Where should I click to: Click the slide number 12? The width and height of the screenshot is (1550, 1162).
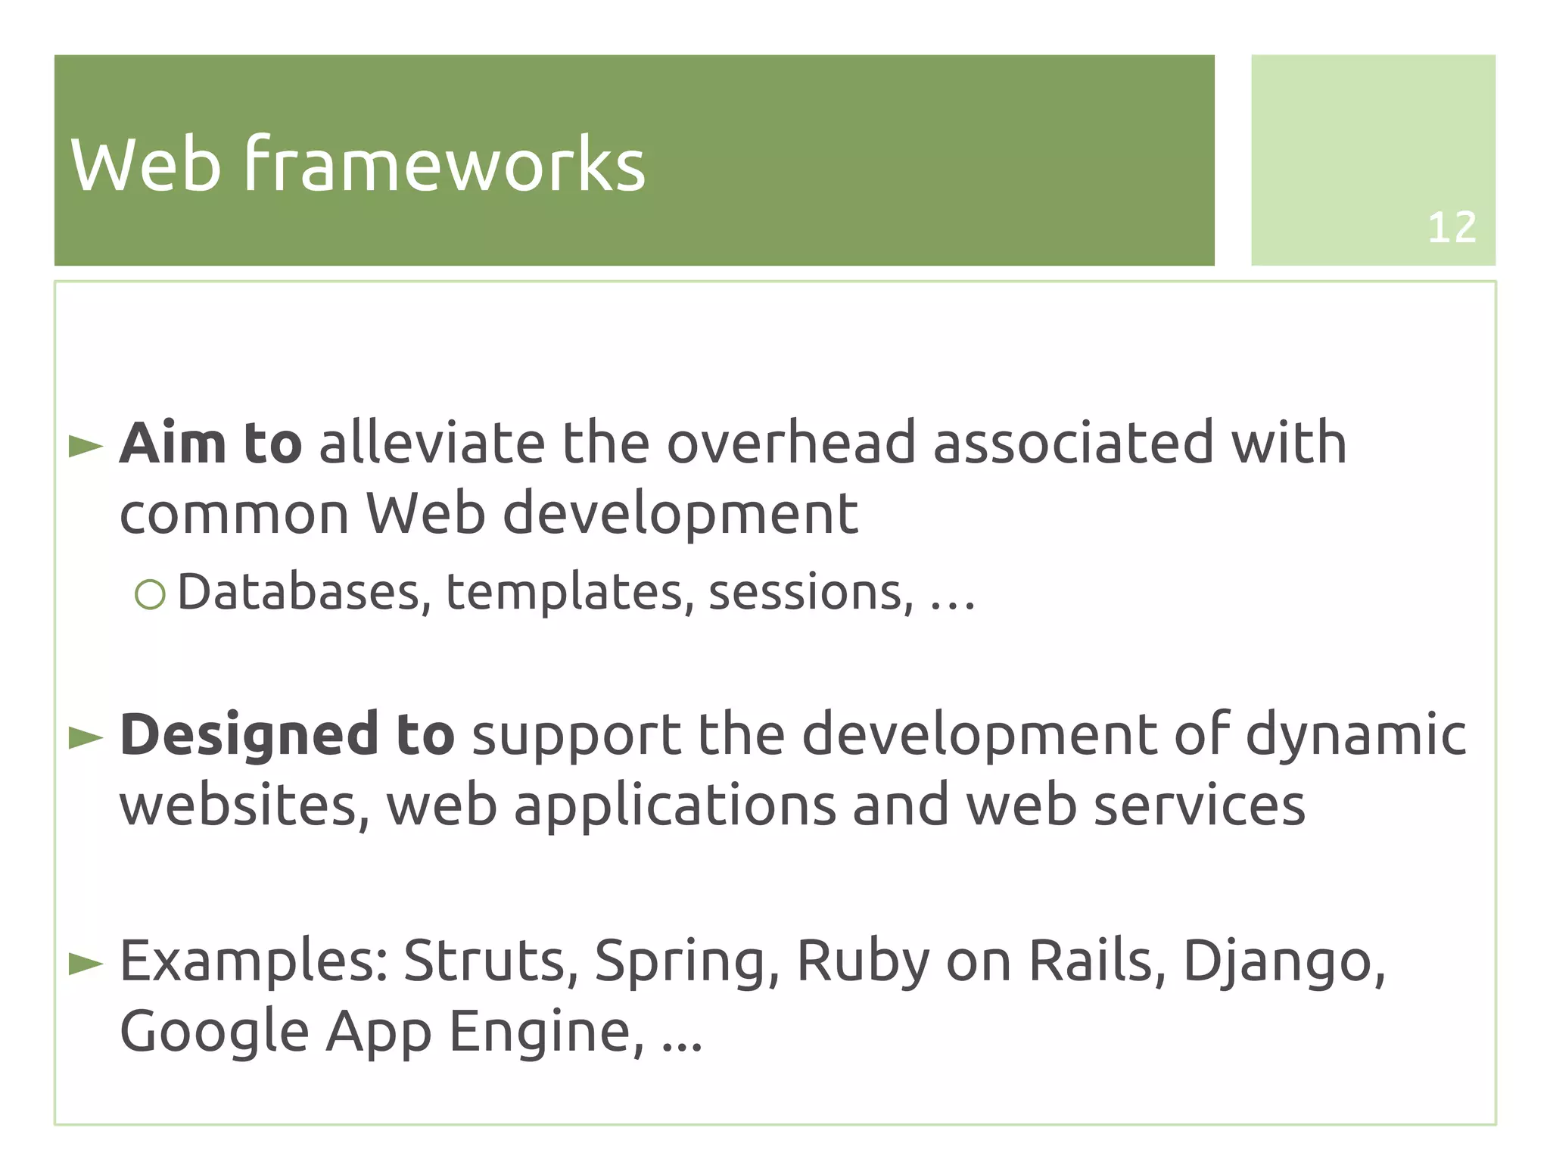click(x=1451, y=227)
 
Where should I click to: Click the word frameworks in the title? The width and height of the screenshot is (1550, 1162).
click(x=444, y=164)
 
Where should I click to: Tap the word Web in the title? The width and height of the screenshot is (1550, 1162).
click(x=146, y=164)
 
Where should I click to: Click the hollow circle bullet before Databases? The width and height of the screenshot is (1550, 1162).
click(x=150, y=594)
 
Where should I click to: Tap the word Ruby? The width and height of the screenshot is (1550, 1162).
click(x=862, y=961)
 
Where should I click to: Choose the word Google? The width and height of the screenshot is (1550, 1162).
click(x=214, y=1033)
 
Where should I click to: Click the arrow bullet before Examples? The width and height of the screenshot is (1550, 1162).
click(x=86, y=964)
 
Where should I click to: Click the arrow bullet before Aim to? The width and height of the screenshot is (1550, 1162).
click(x=86, y=446)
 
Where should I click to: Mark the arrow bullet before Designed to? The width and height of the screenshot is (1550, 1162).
click(x=86, y=737)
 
